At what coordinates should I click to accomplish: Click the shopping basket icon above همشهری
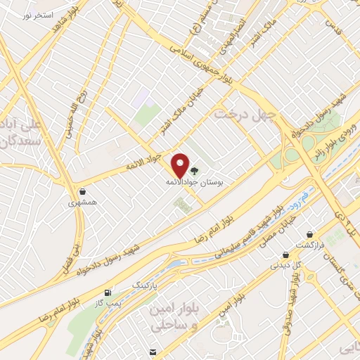(83, 191)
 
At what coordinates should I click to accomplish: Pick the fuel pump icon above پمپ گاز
(108, 292)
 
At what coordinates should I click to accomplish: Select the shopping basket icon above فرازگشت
(309, 234)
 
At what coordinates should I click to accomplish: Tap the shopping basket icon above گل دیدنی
(285, 255)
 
